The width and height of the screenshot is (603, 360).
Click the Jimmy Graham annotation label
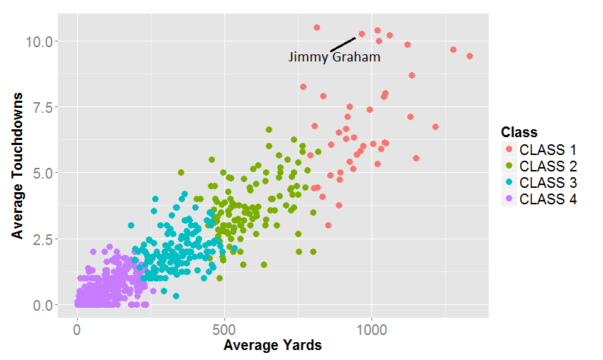tap(334, 57)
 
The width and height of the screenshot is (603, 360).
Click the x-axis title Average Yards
tap(272, 346)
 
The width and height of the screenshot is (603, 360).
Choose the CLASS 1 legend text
tap(548, 150)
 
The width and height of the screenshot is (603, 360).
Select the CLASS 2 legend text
tap(548, 166)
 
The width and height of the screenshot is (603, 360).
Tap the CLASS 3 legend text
tap(548, 183)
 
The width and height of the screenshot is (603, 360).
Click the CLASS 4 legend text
tap(548, 199)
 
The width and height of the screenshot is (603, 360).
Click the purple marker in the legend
tap(509, 199)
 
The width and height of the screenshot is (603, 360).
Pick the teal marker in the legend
tap(509, 183)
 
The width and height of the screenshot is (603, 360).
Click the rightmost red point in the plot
tap(469, 56)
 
